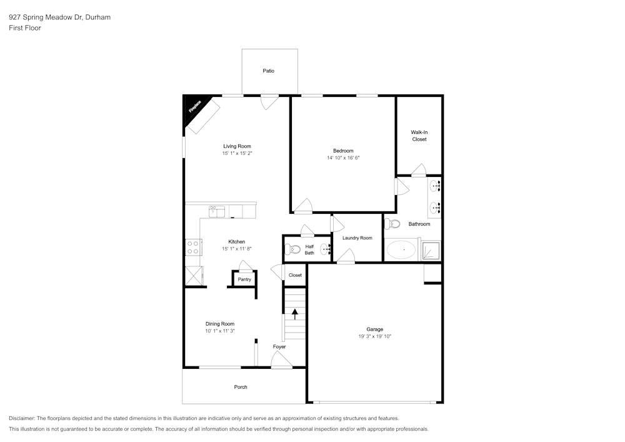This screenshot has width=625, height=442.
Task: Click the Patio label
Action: (268, 71)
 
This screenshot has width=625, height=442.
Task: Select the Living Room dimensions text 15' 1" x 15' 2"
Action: (237, 153)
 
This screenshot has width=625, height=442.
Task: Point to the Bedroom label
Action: (343, 151)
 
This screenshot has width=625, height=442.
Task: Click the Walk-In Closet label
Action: (419, 136)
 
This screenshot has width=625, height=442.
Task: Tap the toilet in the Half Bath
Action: (293, 249)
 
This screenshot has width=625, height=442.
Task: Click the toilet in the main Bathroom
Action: (392, 224)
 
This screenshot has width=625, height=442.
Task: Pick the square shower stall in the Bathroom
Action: (431, 250)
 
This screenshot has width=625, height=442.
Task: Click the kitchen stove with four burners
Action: (193, 247)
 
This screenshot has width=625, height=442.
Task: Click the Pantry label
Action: (244, 279)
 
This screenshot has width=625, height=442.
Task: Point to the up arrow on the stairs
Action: (295, 314)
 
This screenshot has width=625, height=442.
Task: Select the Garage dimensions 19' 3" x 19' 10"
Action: (374, 336)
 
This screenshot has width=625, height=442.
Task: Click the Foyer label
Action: (279, 347)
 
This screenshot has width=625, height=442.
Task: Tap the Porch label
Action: (241, 387)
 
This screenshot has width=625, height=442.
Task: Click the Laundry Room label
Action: (357, 238)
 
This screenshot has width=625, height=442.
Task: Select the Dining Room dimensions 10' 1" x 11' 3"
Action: (220, 331)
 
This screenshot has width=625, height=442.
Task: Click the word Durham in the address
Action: (98, 17)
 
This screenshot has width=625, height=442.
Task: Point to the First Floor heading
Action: (25, 28)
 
